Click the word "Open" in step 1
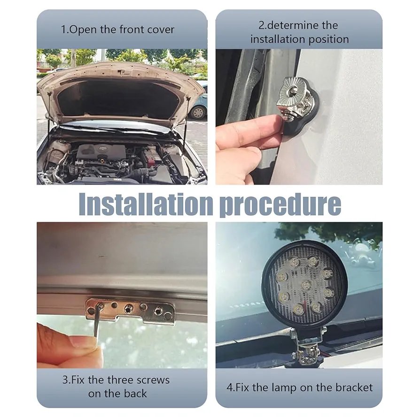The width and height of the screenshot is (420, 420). pos(83,30)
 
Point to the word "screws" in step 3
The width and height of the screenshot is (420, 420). pos(153,380)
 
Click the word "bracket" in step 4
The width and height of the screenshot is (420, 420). pos(354,387)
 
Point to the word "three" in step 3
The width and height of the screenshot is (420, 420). pos(121,380)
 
